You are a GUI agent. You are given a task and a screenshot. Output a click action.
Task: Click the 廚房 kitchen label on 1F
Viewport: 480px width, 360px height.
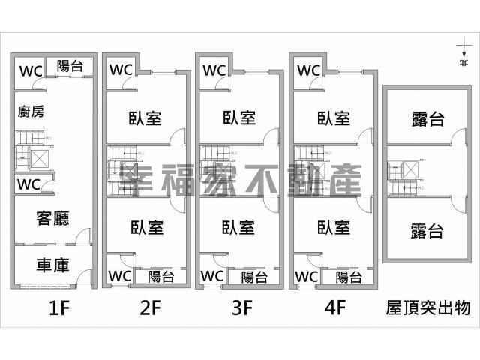pos(31,112)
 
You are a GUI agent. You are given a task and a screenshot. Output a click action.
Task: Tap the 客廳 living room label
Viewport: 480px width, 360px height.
pos(52,219)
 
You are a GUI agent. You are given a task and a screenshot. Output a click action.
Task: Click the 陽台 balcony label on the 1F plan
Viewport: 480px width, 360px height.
pos(70,67)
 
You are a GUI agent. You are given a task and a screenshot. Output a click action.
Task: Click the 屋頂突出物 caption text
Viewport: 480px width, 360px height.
pos(427,307)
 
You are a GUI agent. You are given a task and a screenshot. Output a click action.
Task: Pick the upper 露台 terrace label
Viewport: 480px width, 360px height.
pos(427,118)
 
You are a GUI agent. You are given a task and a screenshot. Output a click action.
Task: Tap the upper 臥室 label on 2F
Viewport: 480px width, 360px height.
pos(147,118)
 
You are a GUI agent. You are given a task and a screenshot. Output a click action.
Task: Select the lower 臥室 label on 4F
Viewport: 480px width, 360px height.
pos(334,226)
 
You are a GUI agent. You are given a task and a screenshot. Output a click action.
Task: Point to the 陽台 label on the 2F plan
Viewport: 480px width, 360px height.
pos(160,277)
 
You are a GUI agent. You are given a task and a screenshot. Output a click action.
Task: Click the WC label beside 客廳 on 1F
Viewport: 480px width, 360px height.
pos(29,184)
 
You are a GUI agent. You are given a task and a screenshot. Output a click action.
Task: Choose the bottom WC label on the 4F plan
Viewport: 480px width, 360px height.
pos(307,277)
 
